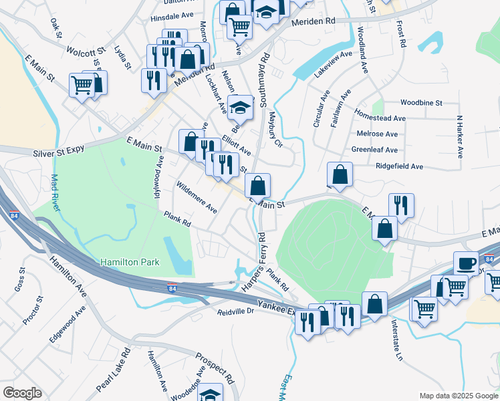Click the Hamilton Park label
tap(130, 263)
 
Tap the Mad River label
tap(55, 192)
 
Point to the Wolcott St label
tap(86, 50)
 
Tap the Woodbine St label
tap(421, 103)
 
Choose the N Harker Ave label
tap(460, 136)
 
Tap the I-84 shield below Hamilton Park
tap(172, 289)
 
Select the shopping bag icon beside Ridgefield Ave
tap(340, 174)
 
